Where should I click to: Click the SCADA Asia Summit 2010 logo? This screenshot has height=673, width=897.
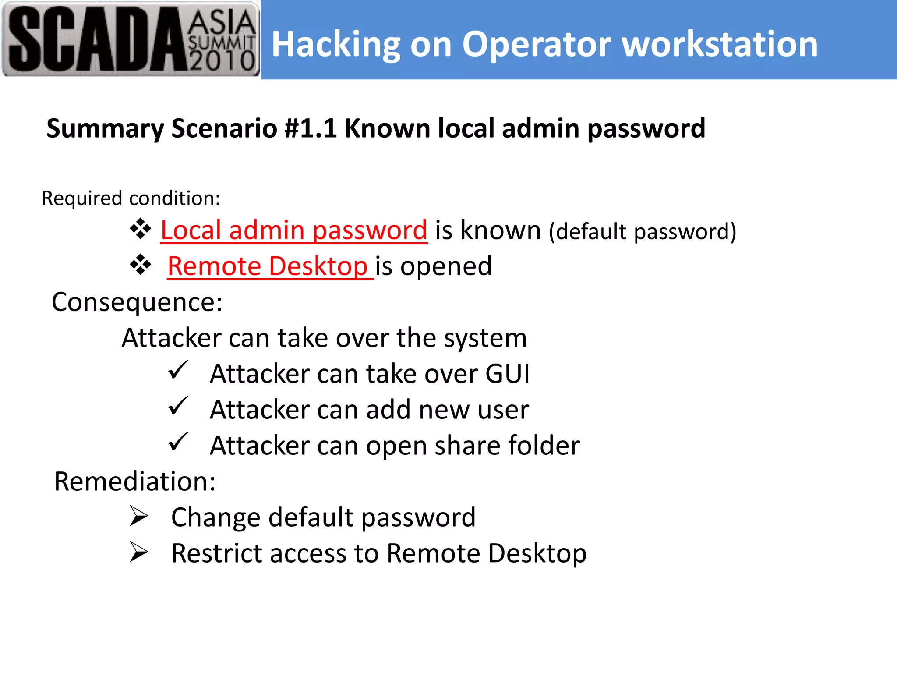click(x=131, y=39)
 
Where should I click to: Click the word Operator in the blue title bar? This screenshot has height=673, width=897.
click(x=537, y=45)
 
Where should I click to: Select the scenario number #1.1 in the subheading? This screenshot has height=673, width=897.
click(x=310, y=128)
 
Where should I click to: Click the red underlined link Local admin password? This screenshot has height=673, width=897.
click(x=293, y=230)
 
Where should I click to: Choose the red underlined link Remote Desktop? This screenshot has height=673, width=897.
click(x=268, y=266)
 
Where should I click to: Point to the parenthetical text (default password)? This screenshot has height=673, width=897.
click(x=643, y=231)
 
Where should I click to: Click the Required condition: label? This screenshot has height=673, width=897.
click(x=131, y=198)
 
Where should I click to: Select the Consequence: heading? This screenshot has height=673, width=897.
click(x=137, y=302)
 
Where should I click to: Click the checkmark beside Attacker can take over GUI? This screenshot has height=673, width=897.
click(x=178, y=371)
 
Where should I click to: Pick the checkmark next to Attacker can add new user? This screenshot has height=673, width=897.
click(x=178, y=407)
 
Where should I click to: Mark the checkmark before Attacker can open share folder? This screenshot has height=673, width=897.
click(x=178, y=443)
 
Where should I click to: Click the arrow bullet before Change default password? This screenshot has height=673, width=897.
click(x=139, y=516)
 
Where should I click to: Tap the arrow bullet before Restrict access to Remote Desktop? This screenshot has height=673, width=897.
click(x=139, y=552)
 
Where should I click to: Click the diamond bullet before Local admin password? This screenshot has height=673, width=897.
click(x=141, y=229)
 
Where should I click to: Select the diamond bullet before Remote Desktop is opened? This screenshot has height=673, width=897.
click(x=141, y=265)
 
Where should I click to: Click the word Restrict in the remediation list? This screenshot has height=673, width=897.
click(x=216, y=553)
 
